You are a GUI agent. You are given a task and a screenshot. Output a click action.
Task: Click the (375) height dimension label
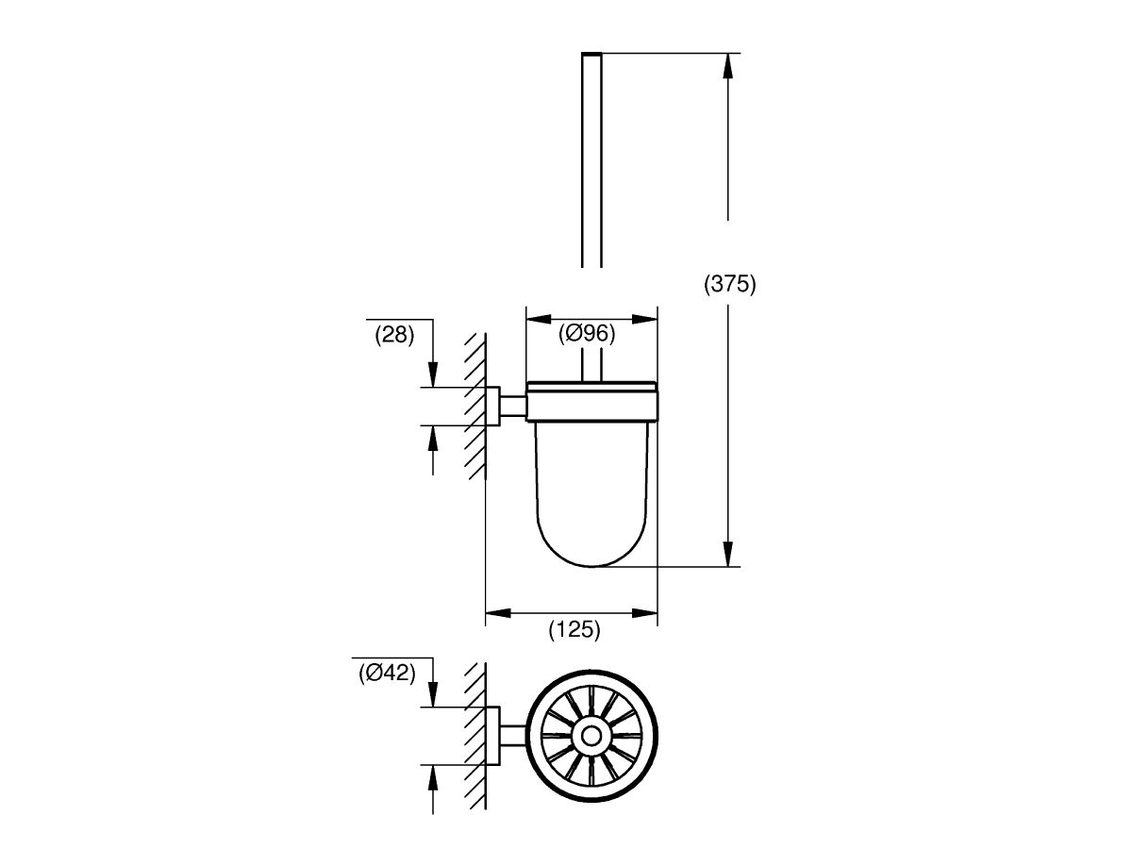click(730, 284)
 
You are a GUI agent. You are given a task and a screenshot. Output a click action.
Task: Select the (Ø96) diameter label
click(586, 332)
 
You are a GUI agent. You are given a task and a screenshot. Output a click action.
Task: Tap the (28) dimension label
click(394, 334)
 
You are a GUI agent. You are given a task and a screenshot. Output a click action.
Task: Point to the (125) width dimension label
click(574, 630)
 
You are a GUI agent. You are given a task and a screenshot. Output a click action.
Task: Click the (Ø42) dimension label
click(387, 673)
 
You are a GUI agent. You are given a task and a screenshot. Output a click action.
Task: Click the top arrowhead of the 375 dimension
click(728, 66)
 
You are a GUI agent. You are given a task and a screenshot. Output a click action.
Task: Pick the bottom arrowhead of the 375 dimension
click(728, 554)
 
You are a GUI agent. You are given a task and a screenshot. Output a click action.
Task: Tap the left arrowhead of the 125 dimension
click(498, 614)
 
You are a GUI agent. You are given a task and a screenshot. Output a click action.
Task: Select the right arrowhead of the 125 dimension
click(645, 614)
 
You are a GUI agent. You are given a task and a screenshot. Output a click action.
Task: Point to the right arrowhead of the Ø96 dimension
click(645, 317)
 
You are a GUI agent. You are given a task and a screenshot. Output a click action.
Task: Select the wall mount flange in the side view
click(492, 406)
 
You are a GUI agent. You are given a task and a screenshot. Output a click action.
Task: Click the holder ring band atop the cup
click(591, 401)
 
